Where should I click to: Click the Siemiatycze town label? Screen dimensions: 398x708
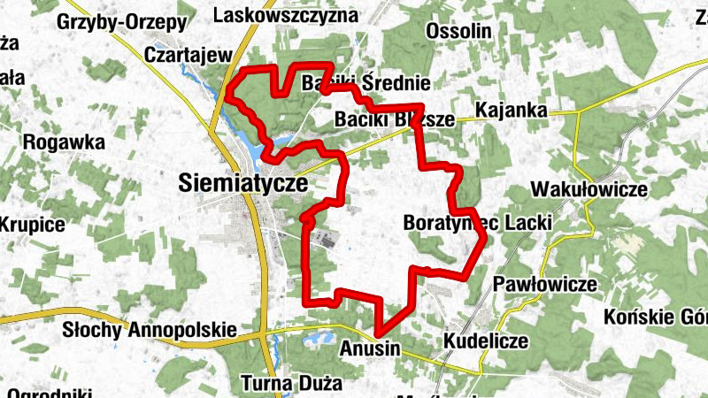pos(242,183)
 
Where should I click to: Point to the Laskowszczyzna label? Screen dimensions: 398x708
pos(286,15)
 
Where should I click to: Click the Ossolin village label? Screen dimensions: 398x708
pos(458,31)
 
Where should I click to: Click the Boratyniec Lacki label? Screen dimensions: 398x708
pos(477,223)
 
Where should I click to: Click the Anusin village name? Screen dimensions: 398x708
pos(370,349)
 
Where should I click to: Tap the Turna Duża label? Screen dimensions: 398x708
pos(291,384)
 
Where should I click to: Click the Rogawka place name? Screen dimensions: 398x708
pos(65,142)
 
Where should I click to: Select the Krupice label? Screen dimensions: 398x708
pos(32,225)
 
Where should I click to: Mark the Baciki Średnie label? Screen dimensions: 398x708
pos(366,84)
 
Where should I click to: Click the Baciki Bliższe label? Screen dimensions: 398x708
pos(395,119)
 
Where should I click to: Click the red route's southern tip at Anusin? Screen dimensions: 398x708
pos(379,333)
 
